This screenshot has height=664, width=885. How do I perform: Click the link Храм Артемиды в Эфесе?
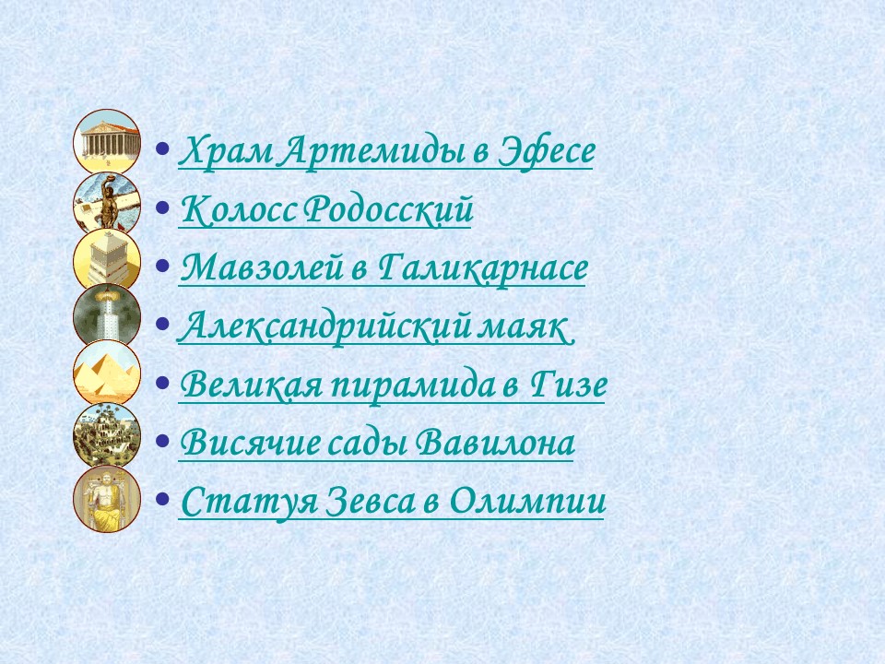tap(385, 150)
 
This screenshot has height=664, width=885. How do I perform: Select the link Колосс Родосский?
tap(326, 210)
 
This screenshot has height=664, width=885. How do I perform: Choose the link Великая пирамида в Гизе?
tap(393, 385)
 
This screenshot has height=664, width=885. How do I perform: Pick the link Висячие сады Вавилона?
tap(377, 444)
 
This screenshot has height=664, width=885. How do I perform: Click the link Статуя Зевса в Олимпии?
tap(392, 502)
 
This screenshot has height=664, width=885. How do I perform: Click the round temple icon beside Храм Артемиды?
tap(107, 141)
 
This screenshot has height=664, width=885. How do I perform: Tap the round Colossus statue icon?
tap(107, 203)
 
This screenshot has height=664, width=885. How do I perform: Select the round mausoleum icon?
tap(107, 260)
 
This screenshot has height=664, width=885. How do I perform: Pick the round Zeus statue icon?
tap(107, 499)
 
